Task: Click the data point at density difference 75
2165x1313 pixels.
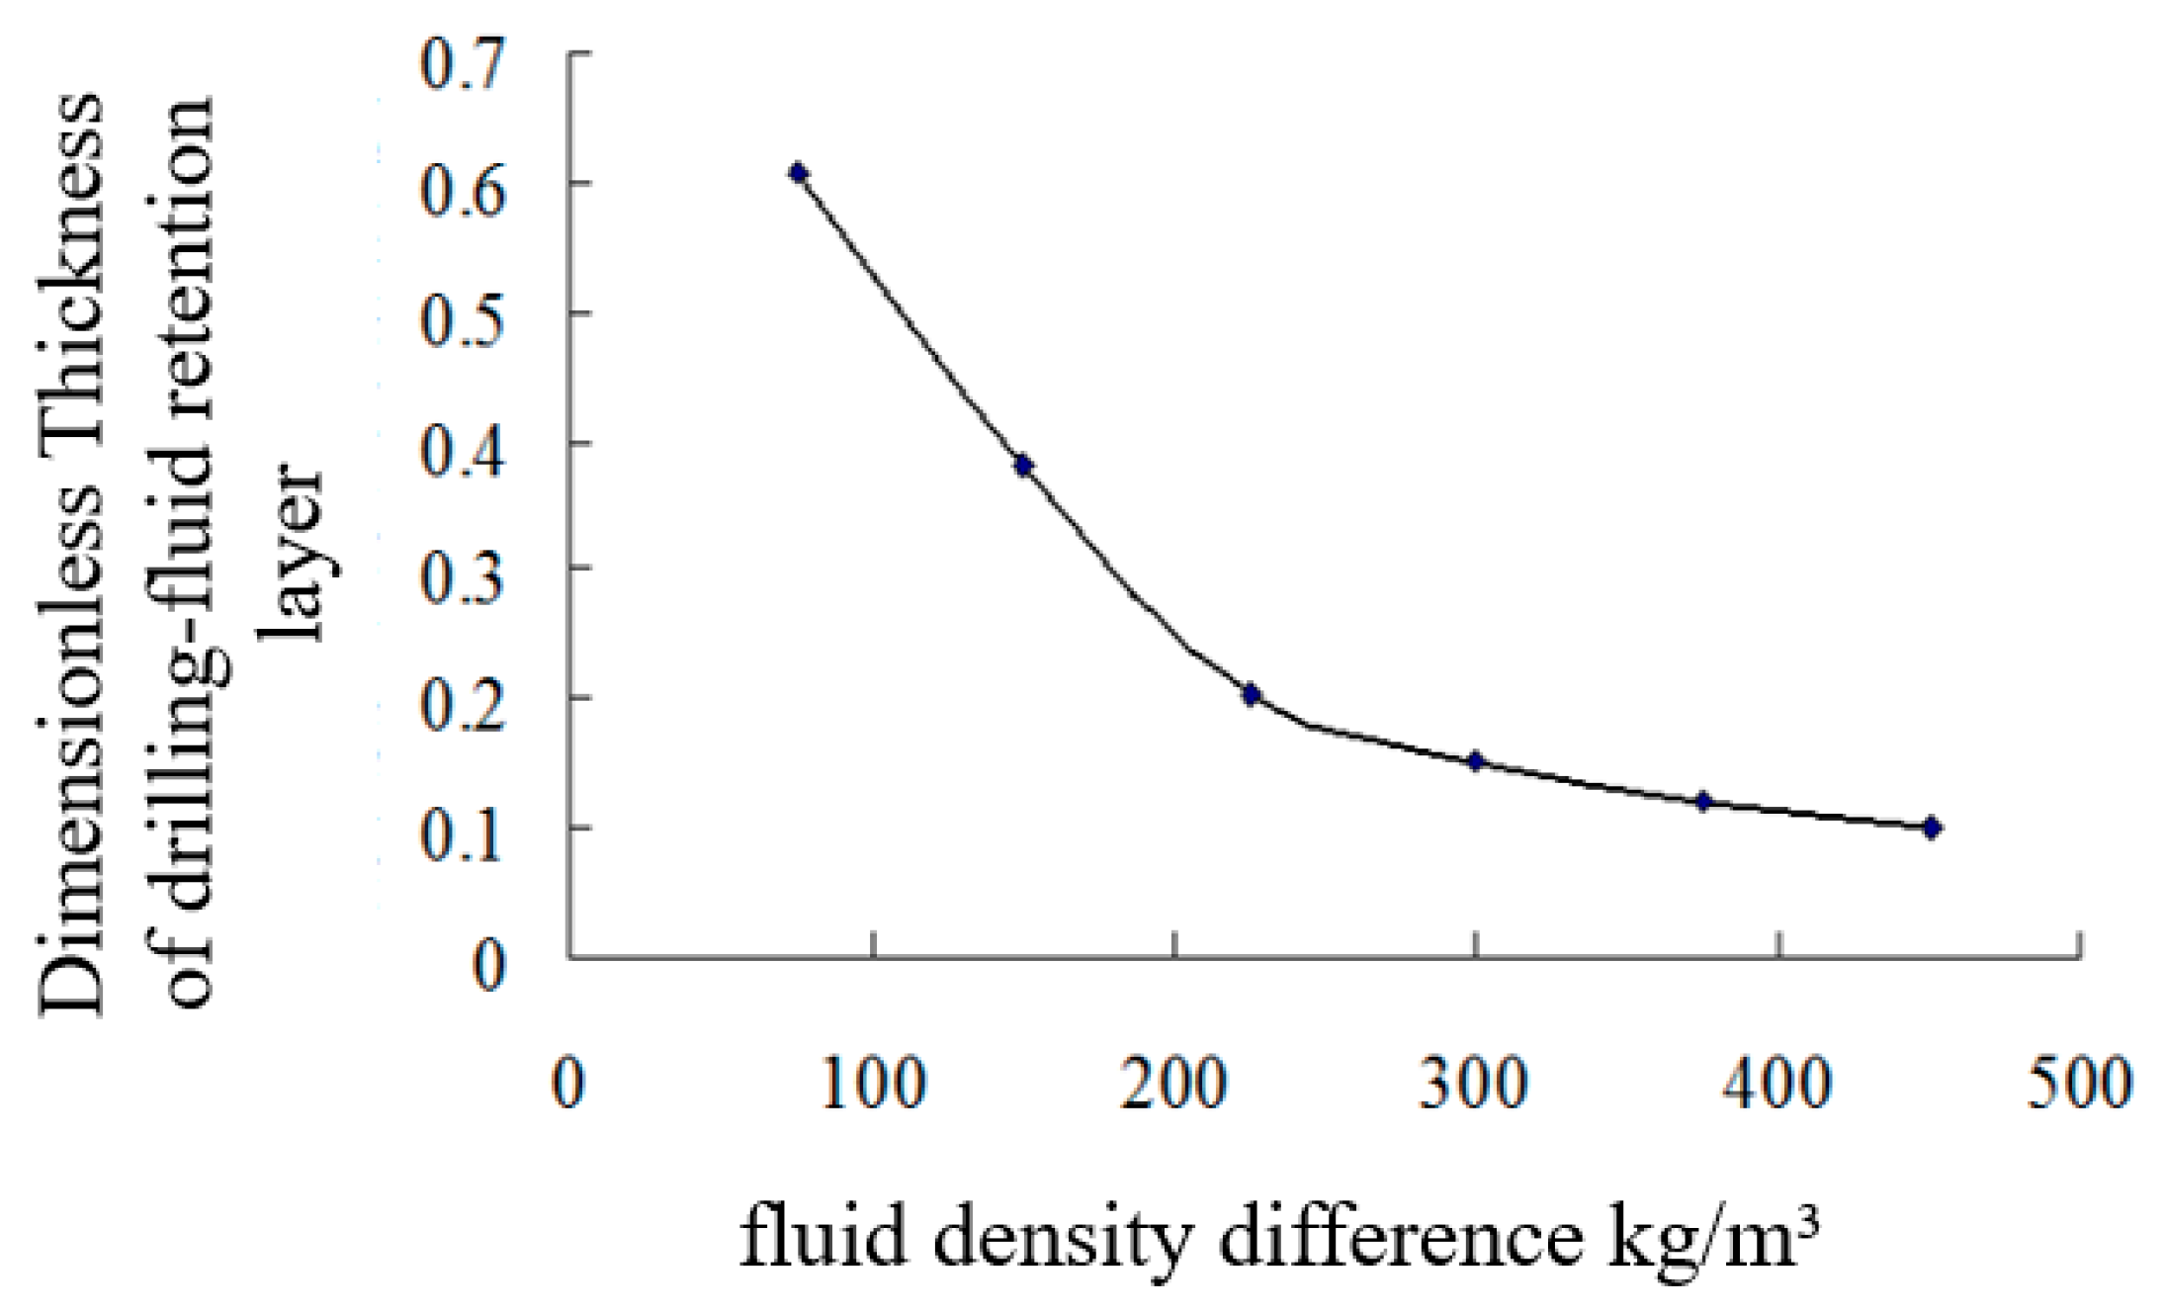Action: point(798,174)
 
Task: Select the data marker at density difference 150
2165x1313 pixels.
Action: point(1023,466)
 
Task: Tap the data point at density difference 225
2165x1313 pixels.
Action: point(1251,695)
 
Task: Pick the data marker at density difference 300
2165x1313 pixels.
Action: point(1476,761)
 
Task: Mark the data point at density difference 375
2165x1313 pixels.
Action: point(1703,802)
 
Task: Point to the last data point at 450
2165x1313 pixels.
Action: point(1931,828)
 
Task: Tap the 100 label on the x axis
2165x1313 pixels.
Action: point(874,1083)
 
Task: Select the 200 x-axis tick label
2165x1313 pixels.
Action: point(1174,1083)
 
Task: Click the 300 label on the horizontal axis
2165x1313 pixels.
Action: point(1475,1083)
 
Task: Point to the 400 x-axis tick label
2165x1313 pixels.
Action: point(1778,1083)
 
